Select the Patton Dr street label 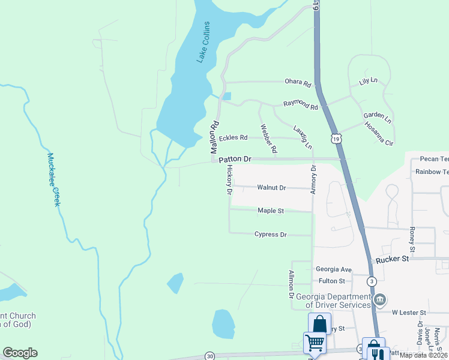click(x=234, y=160)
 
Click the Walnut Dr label click(x=272, y=188)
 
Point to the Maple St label click(x=270, y=211)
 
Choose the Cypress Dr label click(x=271, y=234)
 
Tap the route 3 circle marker click(x=372, y=281)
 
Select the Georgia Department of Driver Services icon click(x=379, y=299)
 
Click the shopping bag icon click(x=319, y=324)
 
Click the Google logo click(x=20, y=353)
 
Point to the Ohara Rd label click(x=298, y=83)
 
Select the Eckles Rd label click(x=233, y=137)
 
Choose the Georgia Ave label click(x=333, y=270)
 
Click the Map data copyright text click(x=424, y=355)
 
